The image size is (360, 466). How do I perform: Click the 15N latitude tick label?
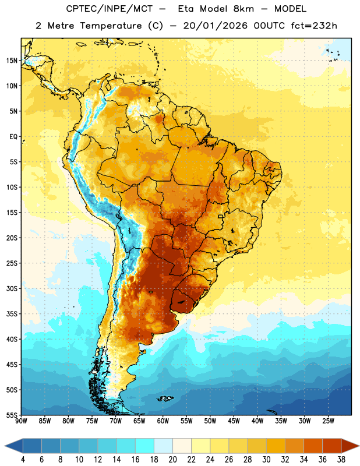[x=12, y=61]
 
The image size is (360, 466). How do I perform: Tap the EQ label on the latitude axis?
[x=13, y=137]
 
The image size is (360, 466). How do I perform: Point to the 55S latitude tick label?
[x=12, y=415]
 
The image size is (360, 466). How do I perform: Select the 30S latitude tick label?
[x=12, y=288]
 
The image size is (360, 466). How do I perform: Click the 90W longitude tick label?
[x=22, y=421]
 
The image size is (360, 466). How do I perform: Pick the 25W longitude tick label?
[x=328, y=421]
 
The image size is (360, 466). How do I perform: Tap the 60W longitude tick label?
[x=163, y=421]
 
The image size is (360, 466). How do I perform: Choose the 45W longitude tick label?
[x=234, y=421]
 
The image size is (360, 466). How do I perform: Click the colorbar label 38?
[x=341, y=460]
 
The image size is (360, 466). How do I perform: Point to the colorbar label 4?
[x=23, y=460]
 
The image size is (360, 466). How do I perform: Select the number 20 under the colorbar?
[x=172, y=460]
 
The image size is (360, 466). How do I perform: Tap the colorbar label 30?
[x=266, y=460]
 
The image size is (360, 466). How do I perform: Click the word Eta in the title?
[x=186, y=9]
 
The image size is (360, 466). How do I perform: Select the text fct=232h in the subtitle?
[x=314, y=26]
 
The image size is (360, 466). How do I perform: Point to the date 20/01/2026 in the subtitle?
[x=215, y=26]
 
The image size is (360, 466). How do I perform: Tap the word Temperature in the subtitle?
[x=111, y=26]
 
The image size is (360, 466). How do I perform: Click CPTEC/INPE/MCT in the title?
[x=109, y=9]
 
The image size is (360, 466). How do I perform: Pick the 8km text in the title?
[x=243, y=9]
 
